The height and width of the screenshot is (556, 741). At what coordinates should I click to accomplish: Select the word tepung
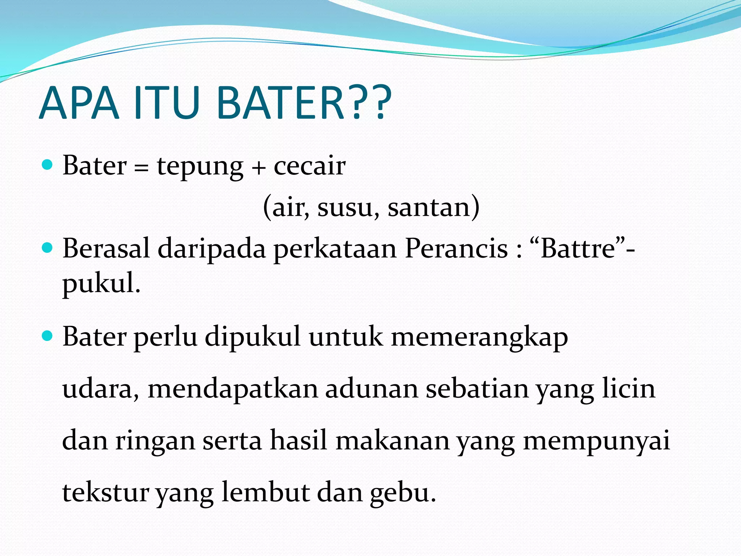click(200, 167)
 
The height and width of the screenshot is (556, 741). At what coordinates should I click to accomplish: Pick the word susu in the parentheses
click(348, 207)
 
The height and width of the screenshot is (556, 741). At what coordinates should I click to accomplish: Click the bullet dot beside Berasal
click(47, 248)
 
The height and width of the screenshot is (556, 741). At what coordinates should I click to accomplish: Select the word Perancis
click(456, 249)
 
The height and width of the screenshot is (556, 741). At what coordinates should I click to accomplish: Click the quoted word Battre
click(578, 249)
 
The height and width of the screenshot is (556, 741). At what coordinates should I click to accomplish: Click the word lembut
click(265, 492)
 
